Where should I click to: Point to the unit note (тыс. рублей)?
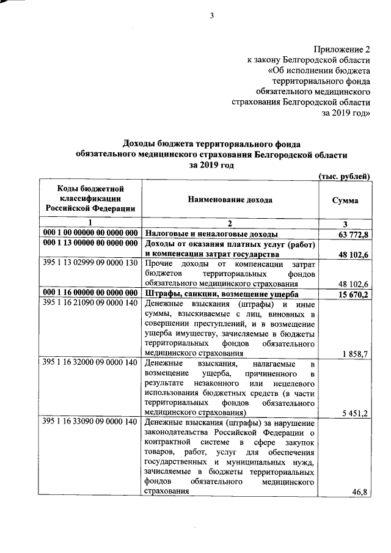[345, 177]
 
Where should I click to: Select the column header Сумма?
[345, 200]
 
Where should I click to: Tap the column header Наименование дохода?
[230, 200]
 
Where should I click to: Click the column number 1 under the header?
[90, 223]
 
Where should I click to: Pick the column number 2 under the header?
[230, 223]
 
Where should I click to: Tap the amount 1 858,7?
[356, 353]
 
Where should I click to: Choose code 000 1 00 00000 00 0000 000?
[90, 233]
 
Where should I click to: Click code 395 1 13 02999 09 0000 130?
[90, 263]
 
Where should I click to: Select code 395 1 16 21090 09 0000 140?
[90, 303]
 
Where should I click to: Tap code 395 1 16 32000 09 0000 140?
[90, 363]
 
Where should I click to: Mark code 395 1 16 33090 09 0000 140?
[90, 423]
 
